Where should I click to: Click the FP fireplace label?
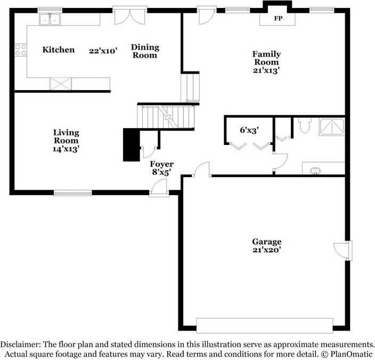278,18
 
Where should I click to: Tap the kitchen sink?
50,19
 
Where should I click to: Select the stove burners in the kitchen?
21,50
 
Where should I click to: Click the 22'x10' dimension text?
103,51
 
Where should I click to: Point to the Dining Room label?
145,51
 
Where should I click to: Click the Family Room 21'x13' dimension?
266,70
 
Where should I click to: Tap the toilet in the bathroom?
305,125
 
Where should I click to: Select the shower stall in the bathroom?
332,127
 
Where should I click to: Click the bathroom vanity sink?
315,171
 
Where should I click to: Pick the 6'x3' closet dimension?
249,130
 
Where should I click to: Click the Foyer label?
162,164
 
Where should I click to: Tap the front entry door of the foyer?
159,188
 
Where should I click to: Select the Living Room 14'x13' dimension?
66,149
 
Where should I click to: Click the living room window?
72,193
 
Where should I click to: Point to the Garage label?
267,242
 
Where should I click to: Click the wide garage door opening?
265,325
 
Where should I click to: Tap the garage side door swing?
343,251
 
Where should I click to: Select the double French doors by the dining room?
130,15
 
